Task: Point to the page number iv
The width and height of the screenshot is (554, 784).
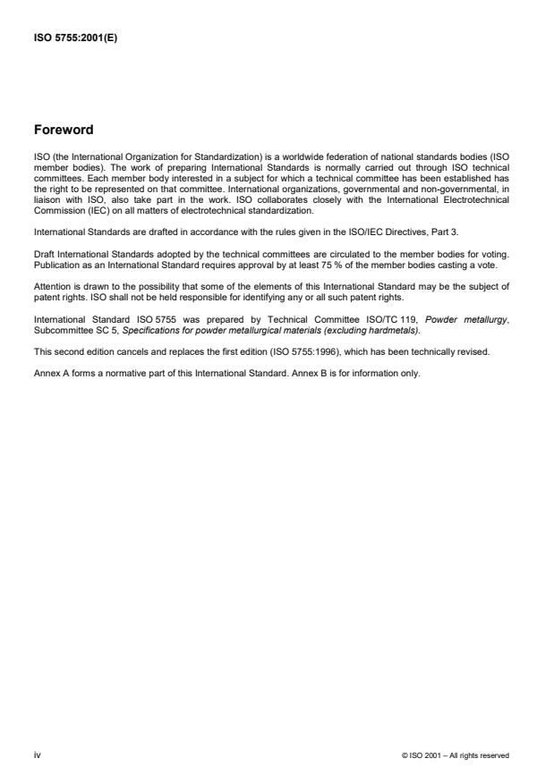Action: click(x=36, y=755)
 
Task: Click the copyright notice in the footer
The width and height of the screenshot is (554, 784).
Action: click(x=456, y=756)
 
